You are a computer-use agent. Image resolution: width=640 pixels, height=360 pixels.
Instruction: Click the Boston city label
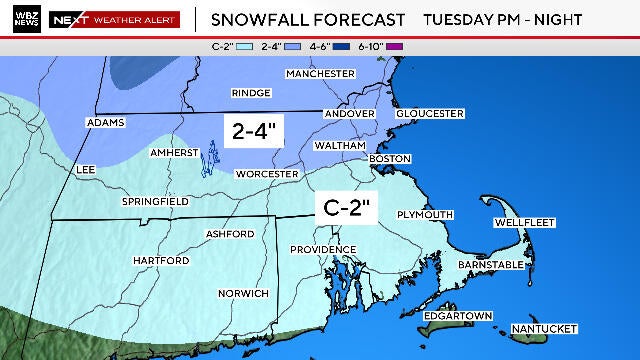point(391,159)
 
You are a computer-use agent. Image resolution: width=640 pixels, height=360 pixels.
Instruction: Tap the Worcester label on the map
point(267,174)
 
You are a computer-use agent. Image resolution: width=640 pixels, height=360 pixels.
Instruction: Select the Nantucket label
point(544,329)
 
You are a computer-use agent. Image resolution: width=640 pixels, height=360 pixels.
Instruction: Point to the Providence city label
point(323,249)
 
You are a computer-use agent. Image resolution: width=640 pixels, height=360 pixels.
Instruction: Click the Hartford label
point(161,261)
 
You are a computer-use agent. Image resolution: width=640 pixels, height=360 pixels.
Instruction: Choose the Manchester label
point(320,74)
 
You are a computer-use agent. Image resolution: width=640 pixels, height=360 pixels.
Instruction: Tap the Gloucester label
point(430,114)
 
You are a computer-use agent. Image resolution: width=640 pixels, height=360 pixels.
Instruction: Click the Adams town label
point(106,122)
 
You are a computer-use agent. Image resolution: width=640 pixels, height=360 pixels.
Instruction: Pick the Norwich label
point(244,293)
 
